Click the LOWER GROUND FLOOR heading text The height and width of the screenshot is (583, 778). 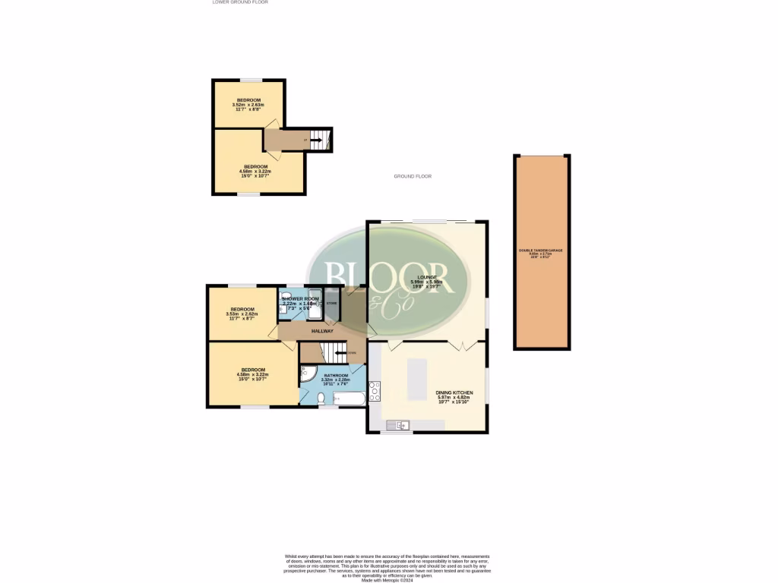(240, 2)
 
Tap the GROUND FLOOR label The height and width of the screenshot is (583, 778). (413, 176)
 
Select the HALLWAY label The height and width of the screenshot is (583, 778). (322, 332)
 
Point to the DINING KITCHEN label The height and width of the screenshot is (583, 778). (454, 392)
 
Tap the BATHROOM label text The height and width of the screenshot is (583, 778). (336, 376)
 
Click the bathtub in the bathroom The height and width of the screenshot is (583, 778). (349, 398)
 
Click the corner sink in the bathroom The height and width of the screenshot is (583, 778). (306, 372)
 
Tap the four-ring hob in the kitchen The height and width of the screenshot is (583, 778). (375, 391)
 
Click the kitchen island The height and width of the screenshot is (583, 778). (417, 380)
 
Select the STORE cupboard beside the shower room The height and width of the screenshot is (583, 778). (332, 304)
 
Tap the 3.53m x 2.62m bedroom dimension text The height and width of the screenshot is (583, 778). (244, 314)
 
